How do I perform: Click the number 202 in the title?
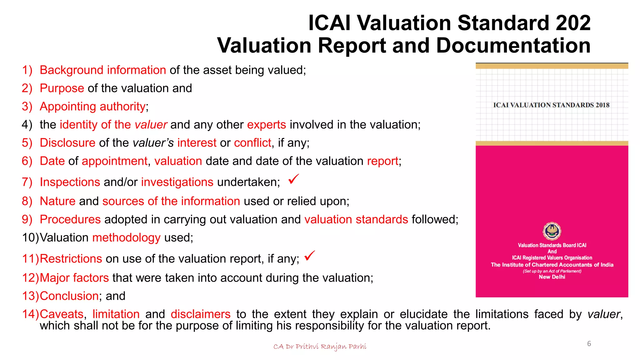click(x=573, y=23)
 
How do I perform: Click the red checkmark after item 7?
click(x=293, y=179)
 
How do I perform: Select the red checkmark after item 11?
click(x=310, y=256)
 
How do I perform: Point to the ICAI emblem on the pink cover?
click(x=552, y=231)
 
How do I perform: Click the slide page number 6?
click(x=589, y=344)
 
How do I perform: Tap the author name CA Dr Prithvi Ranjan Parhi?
click(x=320, y=347)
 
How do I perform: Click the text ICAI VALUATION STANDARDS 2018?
click(x=551, y=105)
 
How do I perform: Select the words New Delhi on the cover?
click(x=552, y=277)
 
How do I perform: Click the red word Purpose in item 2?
click(x=62, y=88)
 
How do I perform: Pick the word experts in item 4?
click(x=266, y=125)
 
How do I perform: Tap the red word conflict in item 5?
click(x=252, y=143)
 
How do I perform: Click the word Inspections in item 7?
click(x=70, y=182)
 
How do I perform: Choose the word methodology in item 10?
click(x=126, y=238)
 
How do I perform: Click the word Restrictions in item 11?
click(x=71, y=259)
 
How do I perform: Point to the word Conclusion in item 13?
click(x=69, y=296)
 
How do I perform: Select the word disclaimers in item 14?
click(x=200, y=314)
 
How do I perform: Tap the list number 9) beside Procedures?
click(x=27, y=219)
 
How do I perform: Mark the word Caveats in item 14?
click(x=62, y=314)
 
